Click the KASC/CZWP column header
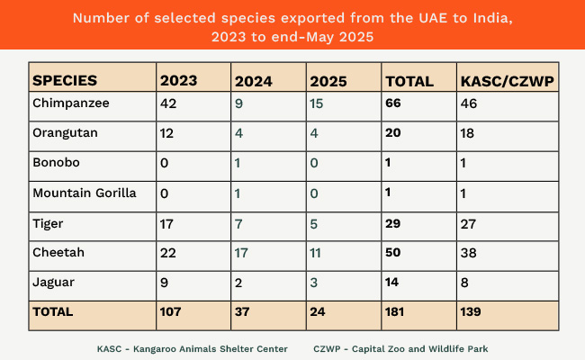507,81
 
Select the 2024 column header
253,81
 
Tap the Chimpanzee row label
71,103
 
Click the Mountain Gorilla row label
85,193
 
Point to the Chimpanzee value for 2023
168,103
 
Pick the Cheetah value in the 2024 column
241,253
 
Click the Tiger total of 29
393,223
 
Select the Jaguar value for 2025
314,283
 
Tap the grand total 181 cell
394,311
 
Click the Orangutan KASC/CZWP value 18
467,133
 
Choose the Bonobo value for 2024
238,163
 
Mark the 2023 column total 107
170,311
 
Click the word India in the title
493,18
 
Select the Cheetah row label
58,253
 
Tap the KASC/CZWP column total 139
471,311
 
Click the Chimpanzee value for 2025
317,103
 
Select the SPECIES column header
65,81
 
